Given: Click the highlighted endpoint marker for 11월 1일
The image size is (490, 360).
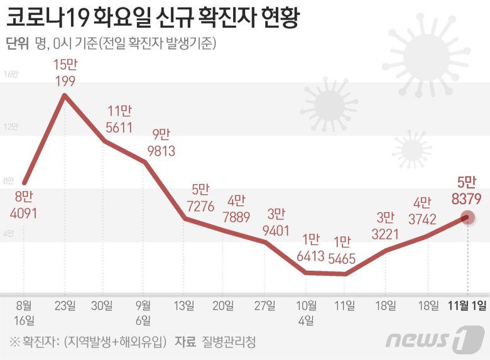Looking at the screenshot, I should [467, 217].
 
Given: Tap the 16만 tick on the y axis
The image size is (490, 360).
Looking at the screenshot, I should [11, 74].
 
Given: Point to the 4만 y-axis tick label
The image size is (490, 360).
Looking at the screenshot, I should [9, 233].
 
